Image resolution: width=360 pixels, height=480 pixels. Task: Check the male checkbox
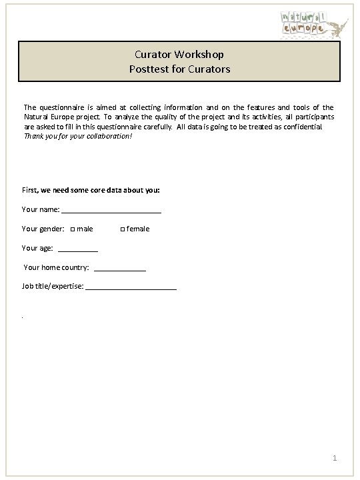pos(73,229)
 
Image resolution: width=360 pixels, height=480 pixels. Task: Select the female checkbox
pos(122,229)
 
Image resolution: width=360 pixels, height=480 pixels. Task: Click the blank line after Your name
pos(111,211)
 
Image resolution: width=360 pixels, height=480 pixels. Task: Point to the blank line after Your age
pos(79,249)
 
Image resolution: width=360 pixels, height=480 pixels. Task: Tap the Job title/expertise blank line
pos(131,287)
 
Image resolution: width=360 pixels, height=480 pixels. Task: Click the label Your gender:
pos(43,229)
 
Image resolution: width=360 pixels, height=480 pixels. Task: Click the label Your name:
pos(41,209)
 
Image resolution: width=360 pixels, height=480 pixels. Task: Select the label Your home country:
pos(57,267)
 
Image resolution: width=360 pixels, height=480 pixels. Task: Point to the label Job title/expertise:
pos(53,286)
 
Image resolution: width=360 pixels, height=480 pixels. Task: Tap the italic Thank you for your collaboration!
pos(78,135)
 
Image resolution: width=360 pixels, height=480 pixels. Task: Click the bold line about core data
pos(91,190)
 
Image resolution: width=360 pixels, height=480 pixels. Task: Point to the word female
pos(138,229)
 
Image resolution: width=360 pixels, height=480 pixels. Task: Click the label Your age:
pos(37,248)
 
